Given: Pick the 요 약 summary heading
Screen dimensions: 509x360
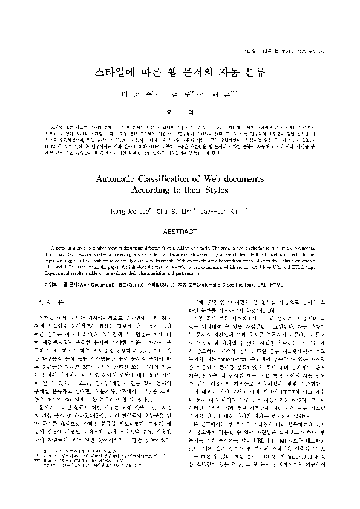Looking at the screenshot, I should [180, 112].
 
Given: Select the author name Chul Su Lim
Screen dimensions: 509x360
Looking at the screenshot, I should [172, 212].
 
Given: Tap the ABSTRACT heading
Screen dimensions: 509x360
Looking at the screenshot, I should [180, 231].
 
